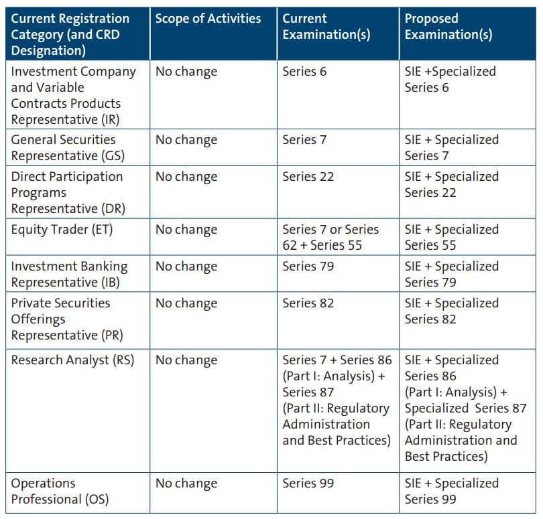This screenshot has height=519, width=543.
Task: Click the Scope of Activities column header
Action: pos(208,19)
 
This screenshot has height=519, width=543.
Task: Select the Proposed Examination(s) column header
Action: pos(448,27)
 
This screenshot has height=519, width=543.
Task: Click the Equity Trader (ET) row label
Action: pos(62,230)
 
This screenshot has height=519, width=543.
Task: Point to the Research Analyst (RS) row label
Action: pos(72,360)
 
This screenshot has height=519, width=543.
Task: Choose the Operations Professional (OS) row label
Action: pos(60,491)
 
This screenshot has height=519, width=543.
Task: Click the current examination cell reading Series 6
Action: pos(304,72)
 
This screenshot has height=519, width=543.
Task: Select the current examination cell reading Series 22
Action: pos(308,177)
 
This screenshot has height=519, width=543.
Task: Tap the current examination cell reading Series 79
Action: pos(308,267)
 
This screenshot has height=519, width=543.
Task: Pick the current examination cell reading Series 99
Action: pos(308,484)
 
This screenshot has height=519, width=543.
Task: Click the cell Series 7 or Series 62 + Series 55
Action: pos(330,238)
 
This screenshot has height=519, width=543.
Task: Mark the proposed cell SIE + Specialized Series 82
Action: pos(451,311)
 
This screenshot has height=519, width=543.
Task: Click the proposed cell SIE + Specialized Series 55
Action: pos(451,238)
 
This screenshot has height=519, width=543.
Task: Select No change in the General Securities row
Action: pos(186,140)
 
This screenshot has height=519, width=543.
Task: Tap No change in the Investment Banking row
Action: pos(186,267)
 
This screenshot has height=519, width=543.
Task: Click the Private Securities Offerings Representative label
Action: pos(60,319)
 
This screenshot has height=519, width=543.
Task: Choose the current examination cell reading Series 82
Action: pos(308,303)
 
